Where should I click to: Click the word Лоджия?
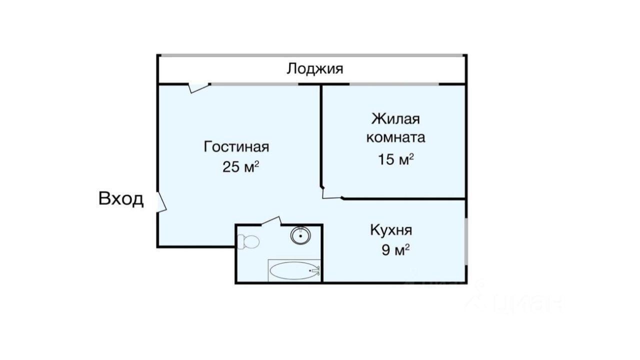click(315, 69)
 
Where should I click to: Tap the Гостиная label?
click(236, 147)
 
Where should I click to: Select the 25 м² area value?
click(240, 167)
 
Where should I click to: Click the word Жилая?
click(395, 119)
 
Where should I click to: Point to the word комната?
click(395, 137)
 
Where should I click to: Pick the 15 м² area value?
click(395, 159)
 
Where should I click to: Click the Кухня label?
click(391, 230)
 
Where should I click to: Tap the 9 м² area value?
click(395, 250)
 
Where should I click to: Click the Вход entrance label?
click(121, 199)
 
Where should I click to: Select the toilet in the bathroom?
click(248, 241)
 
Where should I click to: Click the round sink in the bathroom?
click(300, 235)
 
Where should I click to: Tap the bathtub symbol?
click(294, 270)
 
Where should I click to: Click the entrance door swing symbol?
click(161, 202)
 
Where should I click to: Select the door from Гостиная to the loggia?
click(199, 87)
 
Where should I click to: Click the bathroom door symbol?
click(271, 221)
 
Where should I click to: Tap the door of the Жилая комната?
click(331, 193)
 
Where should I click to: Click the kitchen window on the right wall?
click(466, 241)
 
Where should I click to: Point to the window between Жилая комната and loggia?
click(394, 84)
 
